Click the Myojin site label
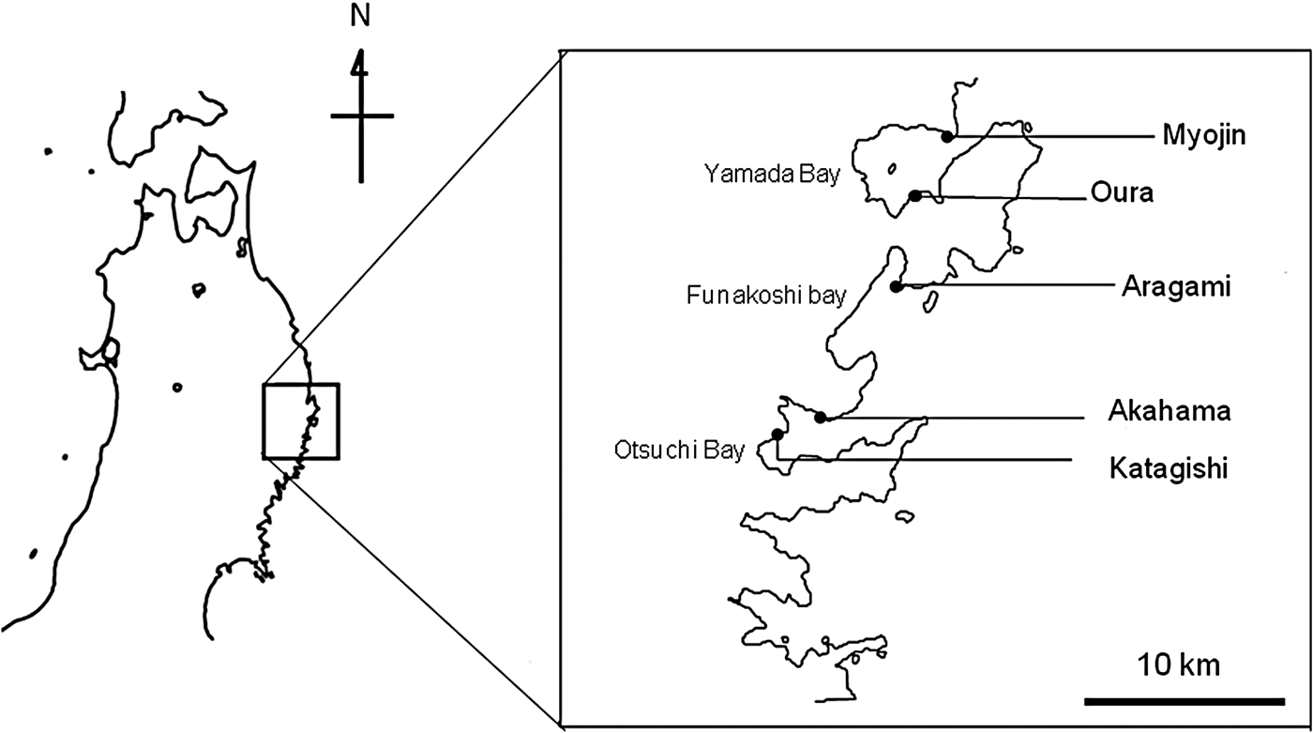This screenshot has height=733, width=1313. pyautogui.click(x=1204, y=136)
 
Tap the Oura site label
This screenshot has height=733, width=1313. pyautogui.click(x=1122, y=193)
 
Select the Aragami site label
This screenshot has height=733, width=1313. pyautogui.click(x=1176, y=287)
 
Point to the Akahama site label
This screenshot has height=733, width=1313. pyautogui.click(x=1170, y=412)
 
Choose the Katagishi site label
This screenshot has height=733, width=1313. pyautogui.click(x=1169, y=469)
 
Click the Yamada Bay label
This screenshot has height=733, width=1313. pyautogui.click(x=773, y=175)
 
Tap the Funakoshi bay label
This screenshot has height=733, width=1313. pyautogui.click(x=766, y=296)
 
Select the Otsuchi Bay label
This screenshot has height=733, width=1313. pyautogui.click(x=679, y=450)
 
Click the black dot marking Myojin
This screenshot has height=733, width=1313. pyautogui.click(x=946, y=137)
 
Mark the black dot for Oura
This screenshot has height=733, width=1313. pyautogui.click(x=915, y=196)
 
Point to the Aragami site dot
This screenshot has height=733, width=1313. pyautogui.click(x=895, y=287)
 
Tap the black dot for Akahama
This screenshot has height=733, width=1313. pyautogui.click(x=820, y=418)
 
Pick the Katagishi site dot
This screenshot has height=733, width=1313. pyautogui.click(x=777, y=434)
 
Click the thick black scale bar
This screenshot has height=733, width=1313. pyautogui.click(x=1185, y=701)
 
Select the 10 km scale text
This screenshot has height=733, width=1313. pyautogui.click(x=1179, y=665)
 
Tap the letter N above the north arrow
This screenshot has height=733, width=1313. pyautogui.click(x=360, y=17)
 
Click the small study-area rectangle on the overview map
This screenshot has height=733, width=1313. pyautogui.click(x=301, y=421)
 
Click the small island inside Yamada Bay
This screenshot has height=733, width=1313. pyautogui.click(x=892, y=169)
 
